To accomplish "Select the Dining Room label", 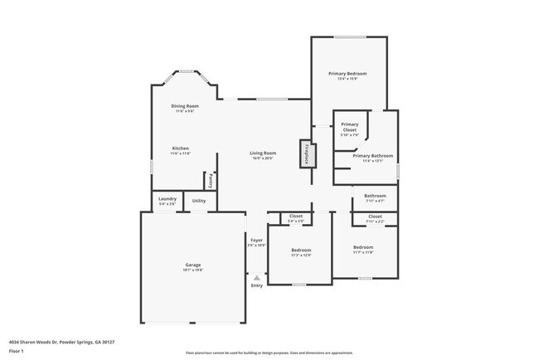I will [185, 105].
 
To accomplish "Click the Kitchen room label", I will [180, 148].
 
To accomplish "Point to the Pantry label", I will [211, 179].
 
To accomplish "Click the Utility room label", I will [199, 201].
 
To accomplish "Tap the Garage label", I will [192, 266].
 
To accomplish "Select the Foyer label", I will [256, 241].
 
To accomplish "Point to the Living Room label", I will [263, 153].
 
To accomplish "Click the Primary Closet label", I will [349, 127].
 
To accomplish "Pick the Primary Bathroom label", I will [372, 155].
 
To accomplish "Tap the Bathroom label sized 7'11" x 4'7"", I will [375, 196].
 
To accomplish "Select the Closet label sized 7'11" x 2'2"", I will [375, 216].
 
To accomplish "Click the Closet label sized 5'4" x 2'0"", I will [296, 216].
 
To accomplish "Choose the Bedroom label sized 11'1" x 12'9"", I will [301, 250].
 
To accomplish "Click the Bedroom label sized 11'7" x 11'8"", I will [363, 247].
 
